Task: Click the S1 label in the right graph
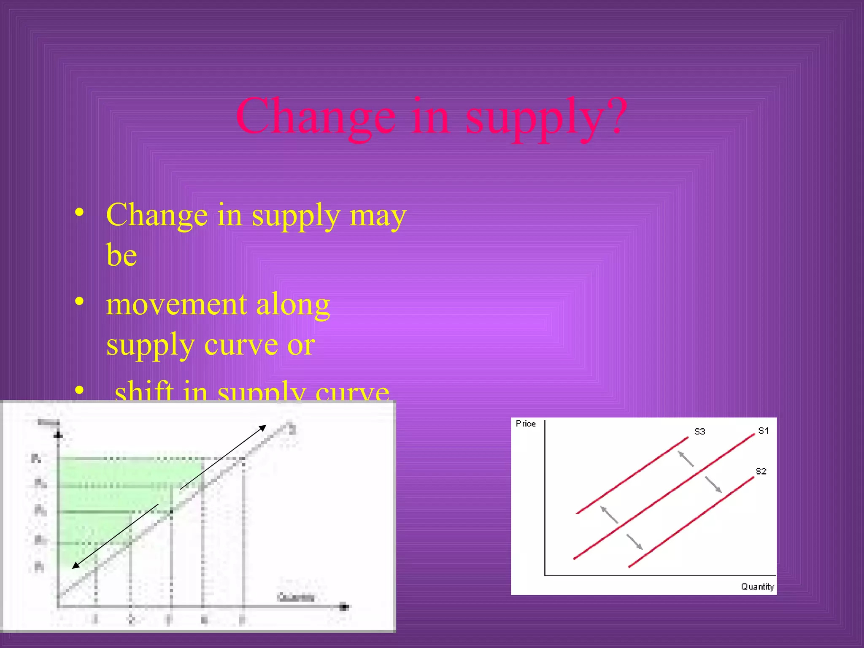[763, 431]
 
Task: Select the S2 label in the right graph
[761, 471]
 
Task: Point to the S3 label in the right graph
[699, 432]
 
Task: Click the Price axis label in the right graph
[526, 424]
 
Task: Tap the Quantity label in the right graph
[757, 587]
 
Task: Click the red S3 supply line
[633, 475]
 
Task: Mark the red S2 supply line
[692, 522]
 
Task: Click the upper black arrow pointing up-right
[224, 457]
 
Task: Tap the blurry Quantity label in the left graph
[296, 597]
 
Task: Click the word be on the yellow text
[121, 256]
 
